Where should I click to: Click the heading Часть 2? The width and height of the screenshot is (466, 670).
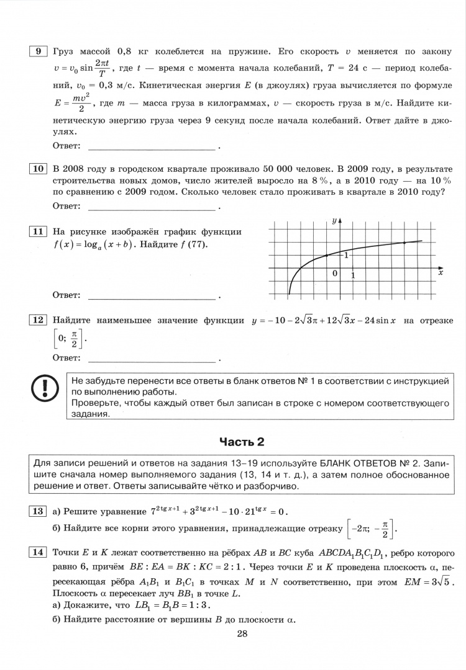[242, 442]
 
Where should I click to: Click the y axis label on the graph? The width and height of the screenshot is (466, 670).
[334, 221]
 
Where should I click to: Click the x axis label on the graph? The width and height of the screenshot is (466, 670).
[441, 272]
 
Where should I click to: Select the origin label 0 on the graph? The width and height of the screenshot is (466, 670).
[335, 274]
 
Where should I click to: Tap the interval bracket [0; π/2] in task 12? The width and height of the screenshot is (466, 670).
[67, 339]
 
